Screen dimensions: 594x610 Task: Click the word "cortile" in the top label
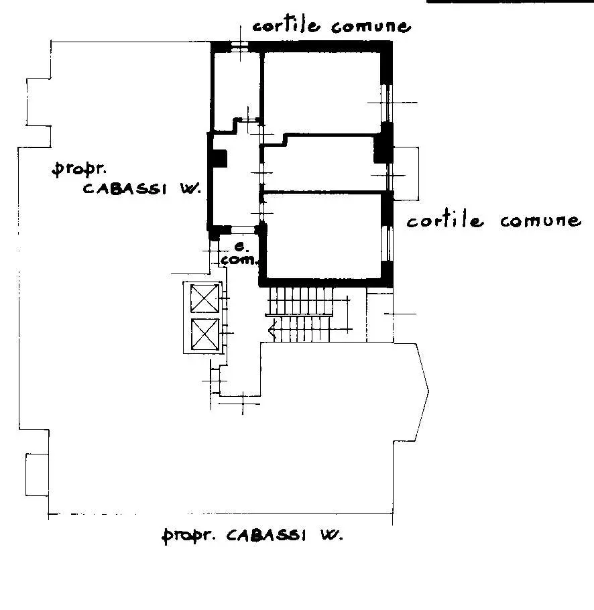286,25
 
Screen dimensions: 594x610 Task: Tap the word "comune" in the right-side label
541,221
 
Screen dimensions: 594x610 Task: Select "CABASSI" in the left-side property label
125,188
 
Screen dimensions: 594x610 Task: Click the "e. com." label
239,254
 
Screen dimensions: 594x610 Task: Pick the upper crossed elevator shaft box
204,298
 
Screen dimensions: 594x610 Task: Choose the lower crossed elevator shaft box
205,334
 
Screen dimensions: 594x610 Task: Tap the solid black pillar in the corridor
219,158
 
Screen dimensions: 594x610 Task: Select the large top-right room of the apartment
322,93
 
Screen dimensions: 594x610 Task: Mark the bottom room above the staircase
324,236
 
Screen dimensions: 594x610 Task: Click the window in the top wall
240,46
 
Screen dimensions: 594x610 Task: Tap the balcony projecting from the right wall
406,174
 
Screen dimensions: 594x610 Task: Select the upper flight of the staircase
300,300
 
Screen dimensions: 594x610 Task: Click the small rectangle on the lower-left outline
38,475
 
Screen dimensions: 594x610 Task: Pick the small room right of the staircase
379,318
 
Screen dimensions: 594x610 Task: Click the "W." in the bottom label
331,536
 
